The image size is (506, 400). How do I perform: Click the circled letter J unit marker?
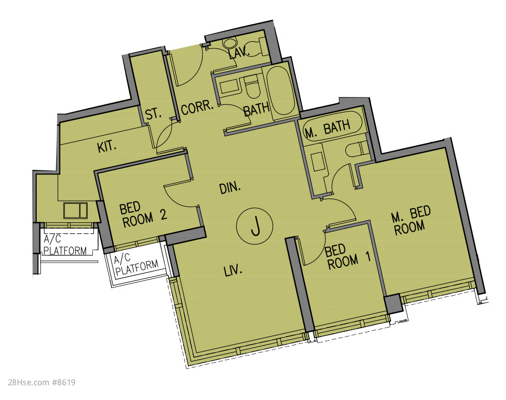point(255,225)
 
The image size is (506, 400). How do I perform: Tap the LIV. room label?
point(233,271)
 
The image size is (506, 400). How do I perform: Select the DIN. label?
point(230,188)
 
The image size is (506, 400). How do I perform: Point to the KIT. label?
point(107,147)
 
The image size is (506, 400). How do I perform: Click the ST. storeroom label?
point(153,114)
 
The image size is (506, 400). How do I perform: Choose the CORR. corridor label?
point(197,107)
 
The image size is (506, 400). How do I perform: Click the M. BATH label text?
point(328,129)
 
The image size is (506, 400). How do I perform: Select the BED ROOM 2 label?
point(143,215)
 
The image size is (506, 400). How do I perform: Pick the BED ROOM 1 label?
point(347,257)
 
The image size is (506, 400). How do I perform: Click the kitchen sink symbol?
point(75,211)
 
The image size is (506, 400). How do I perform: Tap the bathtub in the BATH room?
point(281,91)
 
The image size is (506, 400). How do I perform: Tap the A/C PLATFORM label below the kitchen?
point(65,245)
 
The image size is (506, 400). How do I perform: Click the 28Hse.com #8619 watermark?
point(41,383)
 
